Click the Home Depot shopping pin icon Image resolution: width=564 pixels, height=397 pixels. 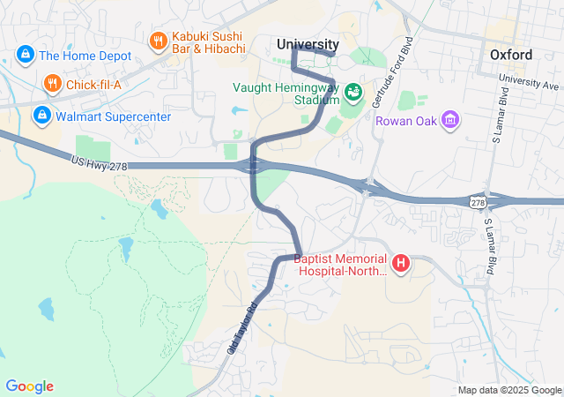click(24, 55)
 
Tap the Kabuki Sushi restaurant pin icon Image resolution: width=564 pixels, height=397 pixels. click(158, 41)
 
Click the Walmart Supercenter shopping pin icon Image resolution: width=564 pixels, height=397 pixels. click(41, 115)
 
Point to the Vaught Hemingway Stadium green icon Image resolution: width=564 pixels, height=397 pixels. click(352, 92)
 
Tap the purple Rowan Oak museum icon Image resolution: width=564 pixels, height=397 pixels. click(450, 119)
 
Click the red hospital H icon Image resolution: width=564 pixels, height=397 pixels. click(401, 263)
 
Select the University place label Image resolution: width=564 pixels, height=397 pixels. click(307, 44)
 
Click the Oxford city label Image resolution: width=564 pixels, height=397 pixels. click(511, 55)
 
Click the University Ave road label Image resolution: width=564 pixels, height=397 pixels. click(529, 82)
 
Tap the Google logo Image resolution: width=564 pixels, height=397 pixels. click(29, 386)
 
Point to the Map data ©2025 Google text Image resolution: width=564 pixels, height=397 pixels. click(508, 390)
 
